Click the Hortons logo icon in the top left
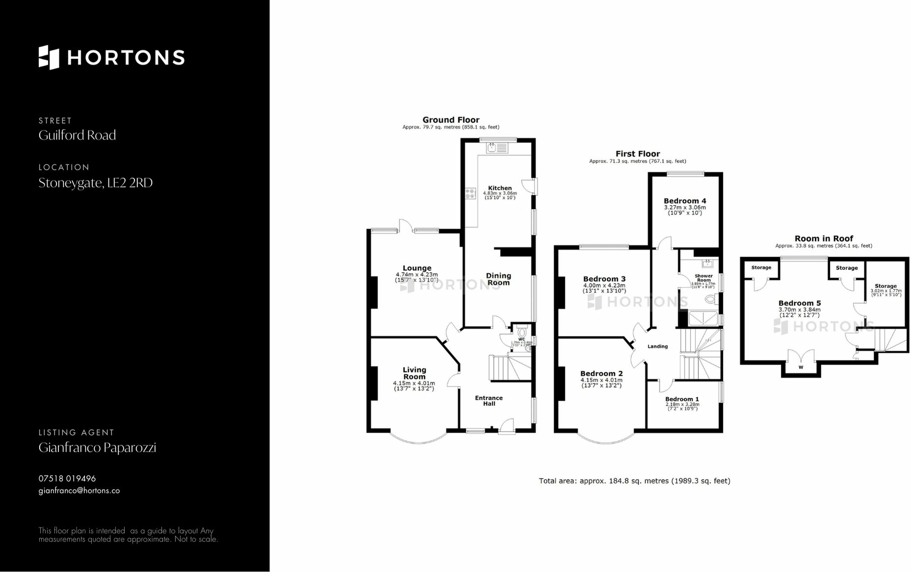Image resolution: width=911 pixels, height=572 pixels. click(x=49, y=57)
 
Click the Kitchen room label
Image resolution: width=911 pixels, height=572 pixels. click(x=500, y=188)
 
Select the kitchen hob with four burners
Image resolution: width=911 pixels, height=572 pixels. click(x=470, y=194)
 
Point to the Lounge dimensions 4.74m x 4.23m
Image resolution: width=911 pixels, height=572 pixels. click(x=417, y=275)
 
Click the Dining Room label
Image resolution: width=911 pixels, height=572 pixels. click(x=498, y=279)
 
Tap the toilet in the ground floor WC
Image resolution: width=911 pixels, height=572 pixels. click(x=521, y=332)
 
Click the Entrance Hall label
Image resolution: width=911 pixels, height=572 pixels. click(x=489, y=401)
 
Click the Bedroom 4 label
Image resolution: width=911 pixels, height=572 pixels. click(x=685, y=201)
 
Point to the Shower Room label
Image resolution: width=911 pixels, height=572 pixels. click(x=703, y=278)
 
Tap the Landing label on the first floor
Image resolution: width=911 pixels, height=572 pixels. click(x=657, y=346)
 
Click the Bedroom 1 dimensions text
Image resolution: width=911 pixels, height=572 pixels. click(x=682, y=407)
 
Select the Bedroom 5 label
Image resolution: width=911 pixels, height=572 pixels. click(x=799, y=303)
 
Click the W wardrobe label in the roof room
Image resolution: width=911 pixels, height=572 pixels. click(x=801, y=367)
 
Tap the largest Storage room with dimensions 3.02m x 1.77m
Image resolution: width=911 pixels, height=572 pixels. click(x=885, y=289)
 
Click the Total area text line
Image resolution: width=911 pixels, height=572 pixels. click(x=634, y=481)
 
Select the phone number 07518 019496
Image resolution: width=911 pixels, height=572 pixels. click(x=67, y=478)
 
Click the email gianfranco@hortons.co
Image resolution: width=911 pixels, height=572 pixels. click(x=79, y=491)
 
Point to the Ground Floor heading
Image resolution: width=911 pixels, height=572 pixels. click(x=451, y=120)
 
